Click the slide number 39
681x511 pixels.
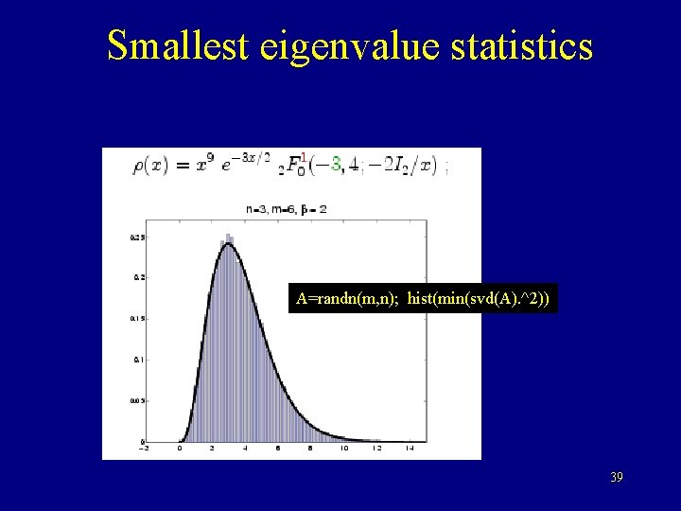(617, 478)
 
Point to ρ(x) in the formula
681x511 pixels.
(151, 166)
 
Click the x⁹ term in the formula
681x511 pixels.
(207, 164)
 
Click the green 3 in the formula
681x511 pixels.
(336, 165)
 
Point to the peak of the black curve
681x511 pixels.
(229, 245)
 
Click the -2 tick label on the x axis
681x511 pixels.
(143, 449)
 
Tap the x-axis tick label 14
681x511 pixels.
(409, 449)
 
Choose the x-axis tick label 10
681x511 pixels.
(344, 449)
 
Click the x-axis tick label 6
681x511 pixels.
(278, 449)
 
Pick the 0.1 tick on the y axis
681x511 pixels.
(136, 360)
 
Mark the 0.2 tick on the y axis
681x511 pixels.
(136, 277)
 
